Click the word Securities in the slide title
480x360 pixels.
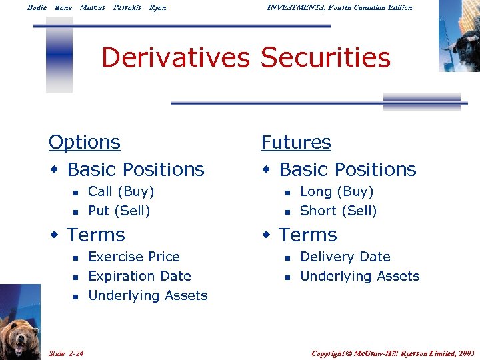[325, 58]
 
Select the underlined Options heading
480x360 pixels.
[85, 143]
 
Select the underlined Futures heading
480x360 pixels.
[296, 143]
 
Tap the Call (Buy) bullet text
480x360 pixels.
[121, 192]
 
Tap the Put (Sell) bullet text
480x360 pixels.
[119, 211]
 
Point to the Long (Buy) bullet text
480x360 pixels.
[337, 192]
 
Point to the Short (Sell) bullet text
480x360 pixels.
[338, 211]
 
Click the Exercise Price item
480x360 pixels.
[134, 257]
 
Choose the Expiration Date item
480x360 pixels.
[139, 276]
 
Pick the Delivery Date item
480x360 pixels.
[345, 257]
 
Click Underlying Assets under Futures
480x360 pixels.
[360, 276]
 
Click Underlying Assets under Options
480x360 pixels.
[147, 295]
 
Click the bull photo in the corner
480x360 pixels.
[460, 37]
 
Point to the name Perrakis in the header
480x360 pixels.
[127, 7]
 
